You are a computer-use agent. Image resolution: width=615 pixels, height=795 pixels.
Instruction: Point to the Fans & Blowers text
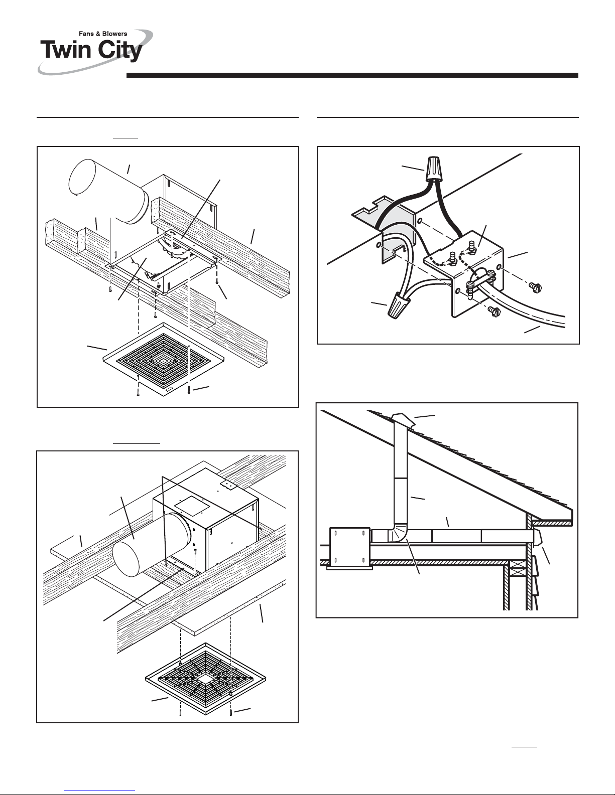103,34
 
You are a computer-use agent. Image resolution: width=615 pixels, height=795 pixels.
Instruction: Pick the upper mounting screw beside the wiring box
536,287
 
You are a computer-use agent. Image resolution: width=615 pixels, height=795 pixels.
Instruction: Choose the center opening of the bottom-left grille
203,679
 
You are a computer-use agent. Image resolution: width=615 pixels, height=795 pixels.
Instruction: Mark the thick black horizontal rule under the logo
351,76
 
